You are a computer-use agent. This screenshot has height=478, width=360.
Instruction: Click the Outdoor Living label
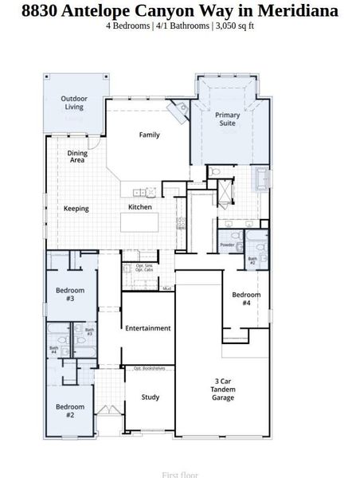(74, 103)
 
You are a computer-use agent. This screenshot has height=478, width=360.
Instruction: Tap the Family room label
(149, 135)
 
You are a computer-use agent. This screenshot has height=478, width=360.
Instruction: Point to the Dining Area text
(77, 156)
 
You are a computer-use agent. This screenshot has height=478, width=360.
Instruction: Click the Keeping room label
(76, 209)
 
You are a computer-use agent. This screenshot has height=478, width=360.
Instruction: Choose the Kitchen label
(140, 207)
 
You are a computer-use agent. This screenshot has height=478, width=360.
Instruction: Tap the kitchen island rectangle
(147, 221)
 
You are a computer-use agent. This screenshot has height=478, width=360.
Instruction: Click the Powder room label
(227, 245)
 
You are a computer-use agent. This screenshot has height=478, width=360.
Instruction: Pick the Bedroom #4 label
(246, 299)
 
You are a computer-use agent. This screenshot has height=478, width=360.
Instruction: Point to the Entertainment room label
(148, 328)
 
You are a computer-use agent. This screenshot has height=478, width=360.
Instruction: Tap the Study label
(150, 397)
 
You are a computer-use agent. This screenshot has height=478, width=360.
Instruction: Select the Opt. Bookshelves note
(148, 369)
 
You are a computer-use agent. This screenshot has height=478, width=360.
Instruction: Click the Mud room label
(167, 288)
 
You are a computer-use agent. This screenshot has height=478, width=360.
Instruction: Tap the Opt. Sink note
(143, 265)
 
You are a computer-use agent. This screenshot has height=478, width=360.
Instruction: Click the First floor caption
(180, 474)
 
